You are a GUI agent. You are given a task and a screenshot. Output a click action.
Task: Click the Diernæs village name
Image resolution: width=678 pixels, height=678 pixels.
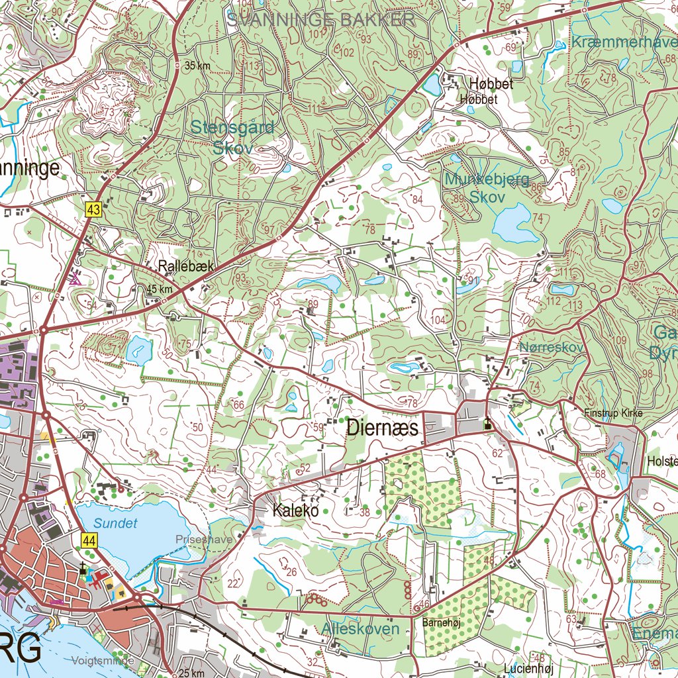[x=383, y=428]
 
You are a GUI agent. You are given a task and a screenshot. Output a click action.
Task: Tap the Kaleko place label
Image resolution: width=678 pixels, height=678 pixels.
[x=295, y=510]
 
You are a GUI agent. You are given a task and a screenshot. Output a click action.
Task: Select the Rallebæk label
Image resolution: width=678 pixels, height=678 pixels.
[x=186, y=266]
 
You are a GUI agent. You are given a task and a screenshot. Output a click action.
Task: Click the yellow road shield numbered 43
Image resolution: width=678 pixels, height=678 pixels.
[x=93, y=210]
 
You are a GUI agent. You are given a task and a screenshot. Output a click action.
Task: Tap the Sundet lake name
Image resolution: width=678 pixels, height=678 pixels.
[x=115, y=523]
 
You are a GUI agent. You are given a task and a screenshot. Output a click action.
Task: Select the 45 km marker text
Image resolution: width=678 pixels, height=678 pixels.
[x=160, y=289]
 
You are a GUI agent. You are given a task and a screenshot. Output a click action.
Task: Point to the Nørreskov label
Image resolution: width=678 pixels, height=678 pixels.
[x=551, y=347]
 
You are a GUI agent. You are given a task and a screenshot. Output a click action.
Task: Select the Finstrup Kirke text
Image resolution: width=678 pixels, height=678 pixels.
[x=612, y=413]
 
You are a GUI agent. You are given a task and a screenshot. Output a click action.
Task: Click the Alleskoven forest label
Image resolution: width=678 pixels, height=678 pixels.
[x=362, y=628]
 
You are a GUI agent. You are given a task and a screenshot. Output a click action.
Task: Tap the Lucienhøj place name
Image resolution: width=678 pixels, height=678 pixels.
[x=527, y=668]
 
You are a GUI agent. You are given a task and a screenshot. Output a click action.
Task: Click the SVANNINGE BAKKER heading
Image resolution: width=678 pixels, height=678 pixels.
[x=321, y=20]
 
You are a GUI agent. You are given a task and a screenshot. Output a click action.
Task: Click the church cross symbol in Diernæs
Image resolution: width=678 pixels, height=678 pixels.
[x=487, y=424]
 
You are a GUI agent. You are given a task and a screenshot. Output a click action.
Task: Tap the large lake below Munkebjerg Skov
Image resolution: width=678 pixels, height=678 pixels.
[x=514, y=224]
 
